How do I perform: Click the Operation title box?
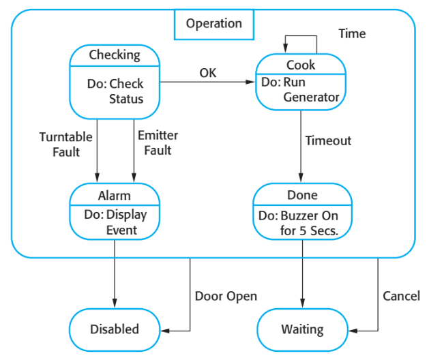(214, 24)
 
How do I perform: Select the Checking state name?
(115, 55)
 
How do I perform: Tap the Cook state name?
(301, 65)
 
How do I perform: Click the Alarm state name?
(115, 195)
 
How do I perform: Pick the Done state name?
(302, 195)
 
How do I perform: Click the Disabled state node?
(115, 329)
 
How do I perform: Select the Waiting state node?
(302, 329)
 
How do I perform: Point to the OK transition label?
(208, 72)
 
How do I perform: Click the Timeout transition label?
(328, 141)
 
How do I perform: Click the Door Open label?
(226, 296)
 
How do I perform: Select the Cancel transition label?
(402, 296)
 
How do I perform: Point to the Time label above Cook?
(352, 33)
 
